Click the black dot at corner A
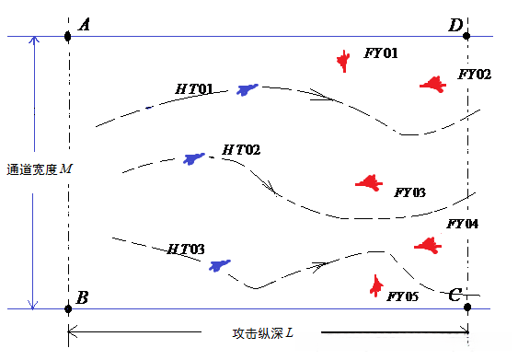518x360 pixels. (68, 37)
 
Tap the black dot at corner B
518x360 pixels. (68, 308)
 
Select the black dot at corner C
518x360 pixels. (467, 308)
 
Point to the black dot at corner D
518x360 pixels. (467, 37)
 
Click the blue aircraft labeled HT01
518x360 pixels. (247, 89)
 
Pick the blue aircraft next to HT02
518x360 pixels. (193, 159)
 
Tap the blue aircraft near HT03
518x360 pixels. (219, 266)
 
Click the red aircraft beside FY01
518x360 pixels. (343, 62)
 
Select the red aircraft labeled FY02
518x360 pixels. (432, 85)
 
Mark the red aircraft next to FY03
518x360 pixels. (369, 182)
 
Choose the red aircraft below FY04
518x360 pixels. (427, 245)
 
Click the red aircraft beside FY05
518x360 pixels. (375, 285)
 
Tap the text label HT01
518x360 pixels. (194, 89)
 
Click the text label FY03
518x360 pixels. (409, 193)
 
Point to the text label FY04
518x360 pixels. (462, 224)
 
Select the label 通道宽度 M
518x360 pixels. (38, 169)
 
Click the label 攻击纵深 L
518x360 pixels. (262, 331)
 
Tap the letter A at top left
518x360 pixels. (85, 25)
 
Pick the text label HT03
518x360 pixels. (185, 250)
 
